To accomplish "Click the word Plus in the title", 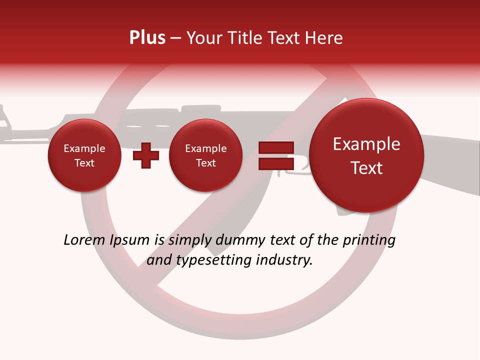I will (x=147, y=38).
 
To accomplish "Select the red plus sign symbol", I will (x=145, y=155).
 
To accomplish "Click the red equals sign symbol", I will (x=275, y=155).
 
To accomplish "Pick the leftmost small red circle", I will (x=84, y=155).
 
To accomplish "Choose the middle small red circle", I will (x=205, y=155).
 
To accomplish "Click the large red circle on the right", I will (x=366, y=155).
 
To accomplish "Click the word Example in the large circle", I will (x=366, y=144).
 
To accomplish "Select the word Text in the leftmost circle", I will (x=84, y=163).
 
